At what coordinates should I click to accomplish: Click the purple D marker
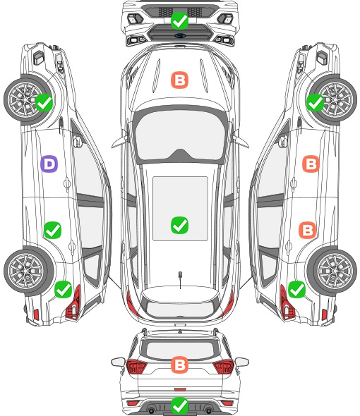point(49,164)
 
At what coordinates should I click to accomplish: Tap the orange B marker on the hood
point(179,80)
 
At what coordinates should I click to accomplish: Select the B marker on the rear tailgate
point(179,365)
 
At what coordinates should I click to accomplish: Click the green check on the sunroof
point(179,225)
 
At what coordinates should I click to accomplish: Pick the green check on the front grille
point(179,20)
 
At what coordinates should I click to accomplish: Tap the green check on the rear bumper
point(179,405)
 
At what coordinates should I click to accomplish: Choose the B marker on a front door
point(311,164)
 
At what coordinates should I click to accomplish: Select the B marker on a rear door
point(307,230)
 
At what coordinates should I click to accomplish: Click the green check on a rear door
point(52,230)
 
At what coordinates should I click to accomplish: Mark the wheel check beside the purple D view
point(44,103)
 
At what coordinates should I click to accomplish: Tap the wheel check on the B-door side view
point(315,103)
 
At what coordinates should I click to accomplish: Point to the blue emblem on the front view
point(180,35)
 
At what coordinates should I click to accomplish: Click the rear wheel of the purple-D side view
point(28,271)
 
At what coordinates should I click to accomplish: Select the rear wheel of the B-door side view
point(332,271)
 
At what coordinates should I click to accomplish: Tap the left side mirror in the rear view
point(118,362)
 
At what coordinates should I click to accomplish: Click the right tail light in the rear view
point(224,366)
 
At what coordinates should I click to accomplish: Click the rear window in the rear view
point(180,350)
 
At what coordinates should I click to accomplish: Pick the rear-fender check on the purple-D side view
point(63,290)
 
